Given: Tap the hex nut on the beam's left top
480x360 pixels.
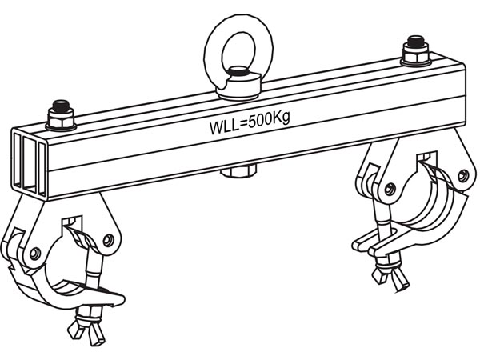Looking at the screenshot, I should click(62, 118).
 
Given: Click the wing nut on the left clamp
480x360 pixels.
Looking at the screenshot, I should click(88, 329).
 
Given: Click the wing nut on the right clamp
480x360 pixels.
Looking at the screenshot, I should click(385, 276).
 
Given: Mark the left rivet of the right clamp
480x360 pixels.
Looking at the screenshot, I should click(390, 189).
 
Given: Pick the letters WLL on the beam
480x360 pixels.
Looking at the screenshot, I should click(222, 126).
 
